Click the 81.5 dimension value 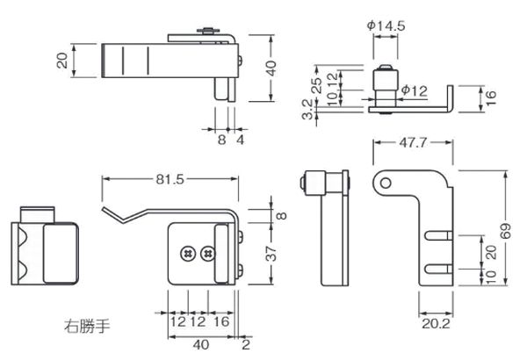point(170,179)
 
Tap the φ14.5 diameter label point(386,25)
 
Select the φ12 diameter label point(415,90)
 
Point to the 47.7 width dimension point(413,142)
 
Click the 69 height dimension point(505,231)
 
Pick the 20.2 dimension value point(436,324)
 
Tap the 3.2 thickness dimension point(307,109)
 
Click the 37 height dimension point(272,254)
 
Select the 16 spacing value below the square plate point(221,321)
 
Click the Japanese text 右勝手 point(87,326)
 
